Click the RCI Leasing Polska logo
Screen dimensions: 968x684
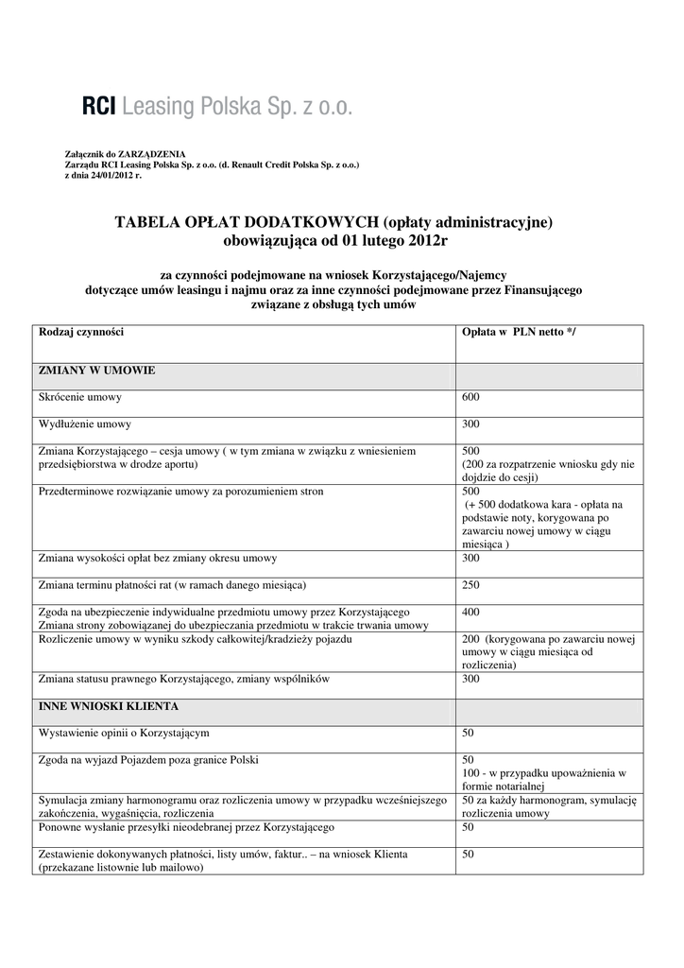217,107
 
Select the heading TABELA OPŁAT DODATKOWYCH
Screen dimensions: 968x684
247,223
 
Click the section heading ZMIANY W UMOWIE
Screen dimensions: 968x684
97,370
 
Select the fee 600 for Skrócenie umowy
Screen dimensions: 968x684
470,397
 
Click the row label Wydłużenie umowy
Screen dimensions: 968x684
85,423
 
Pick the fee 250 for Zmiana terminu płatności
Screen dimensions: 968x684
470,585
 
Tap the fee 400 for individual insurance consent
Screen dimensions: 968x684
470,612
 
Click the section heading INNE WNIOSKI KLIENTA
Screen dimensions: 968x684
108,706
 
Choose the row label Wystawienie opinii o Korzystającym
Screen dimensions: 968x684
124,733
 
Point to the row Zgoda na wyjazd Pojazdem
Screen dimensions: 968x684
148,759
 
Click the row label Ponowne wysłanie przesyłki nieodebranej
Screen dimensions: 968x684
186,827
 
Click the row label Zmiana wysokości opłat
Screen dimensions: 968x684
158,558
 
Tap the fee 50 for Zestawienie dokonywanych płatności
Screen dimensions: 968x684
468,855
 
